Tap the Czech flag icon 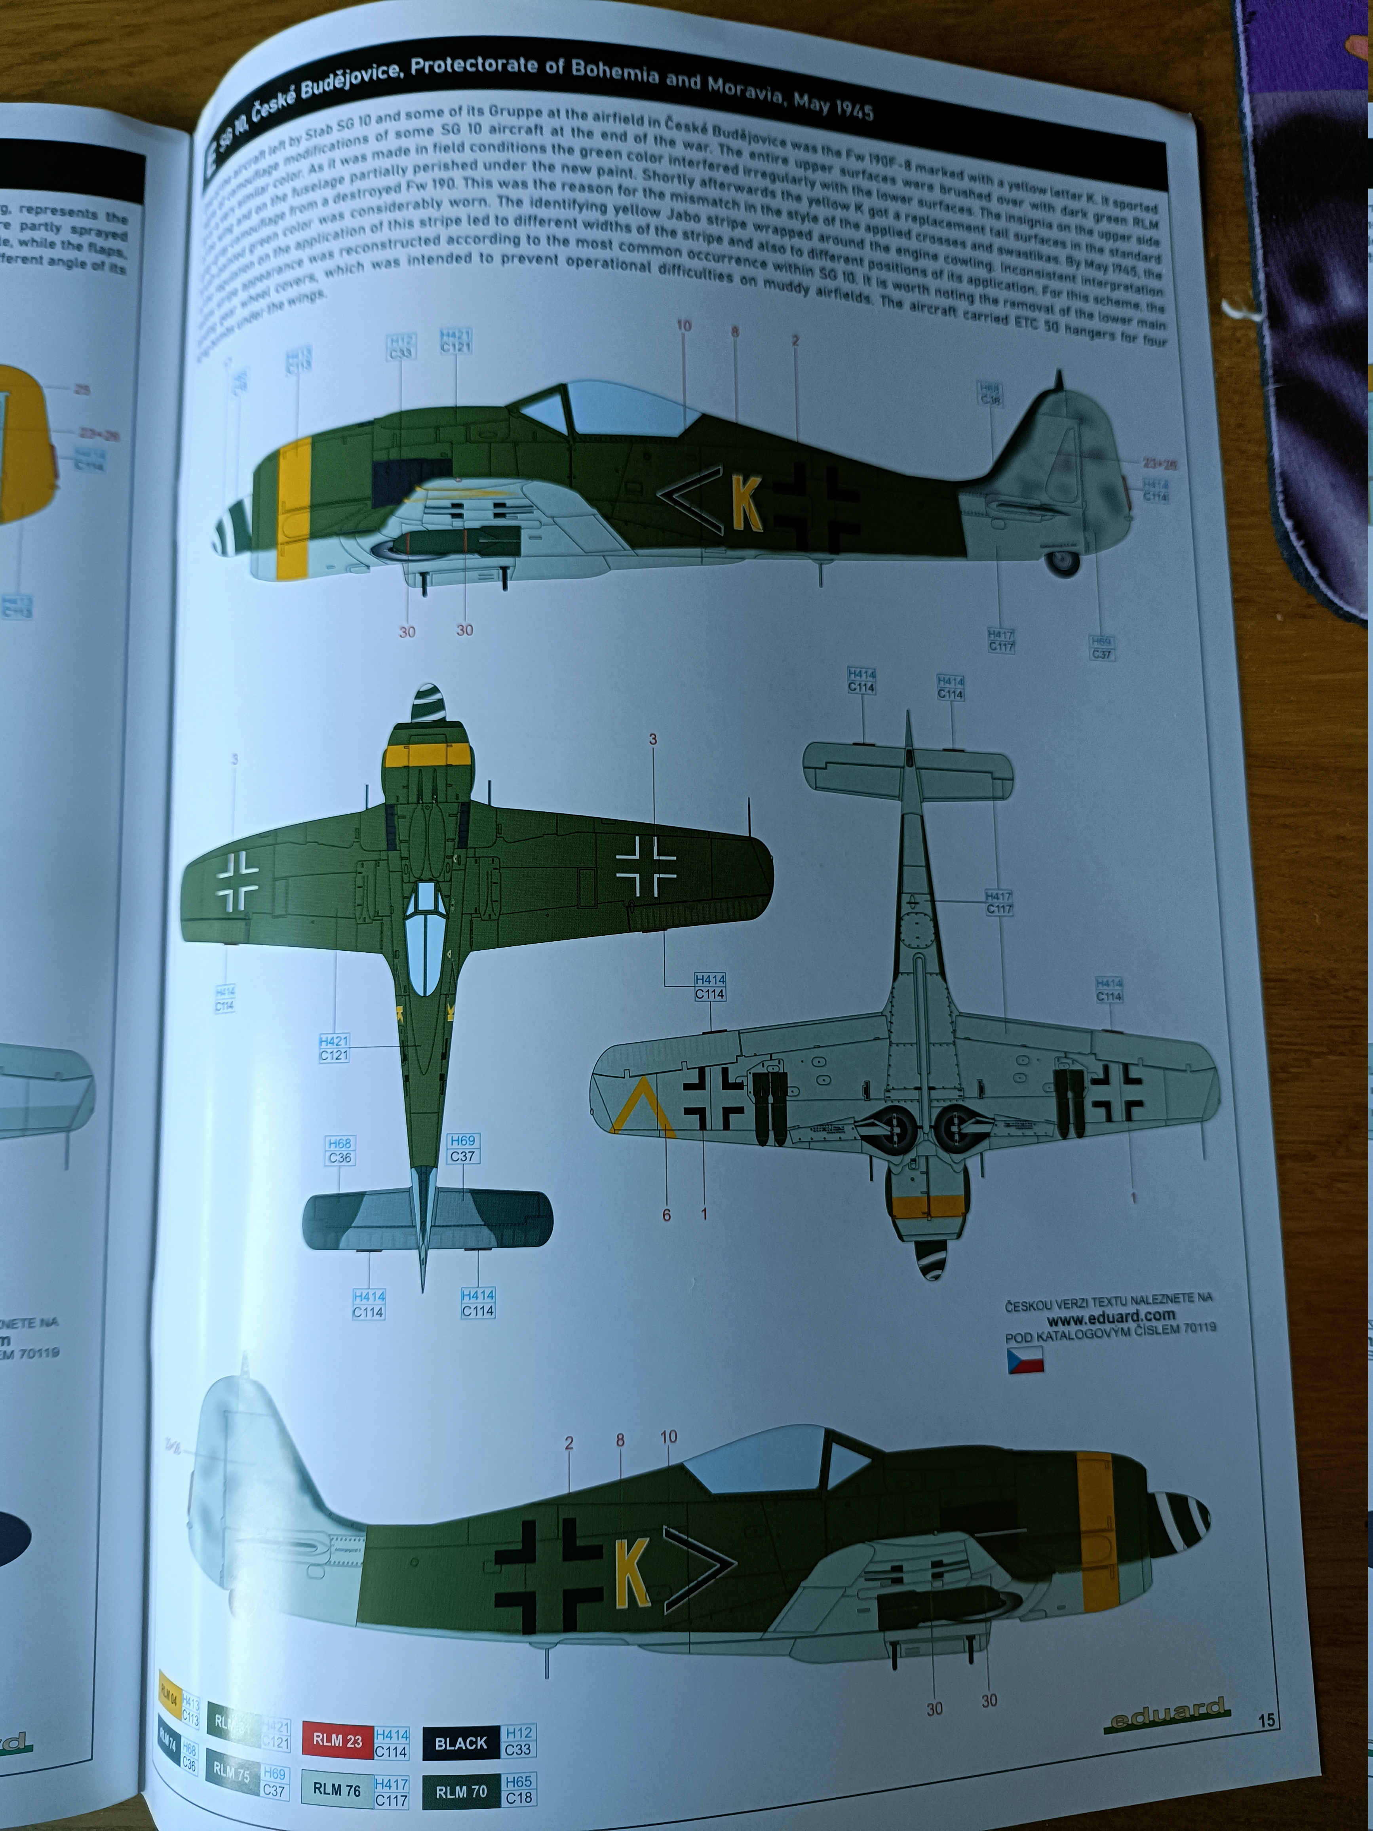click(x=1025, y=1360)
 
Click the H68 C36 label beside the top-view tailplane click(x=339, y=1151)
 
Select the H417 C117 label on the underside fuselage click(x=999, y=902)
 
